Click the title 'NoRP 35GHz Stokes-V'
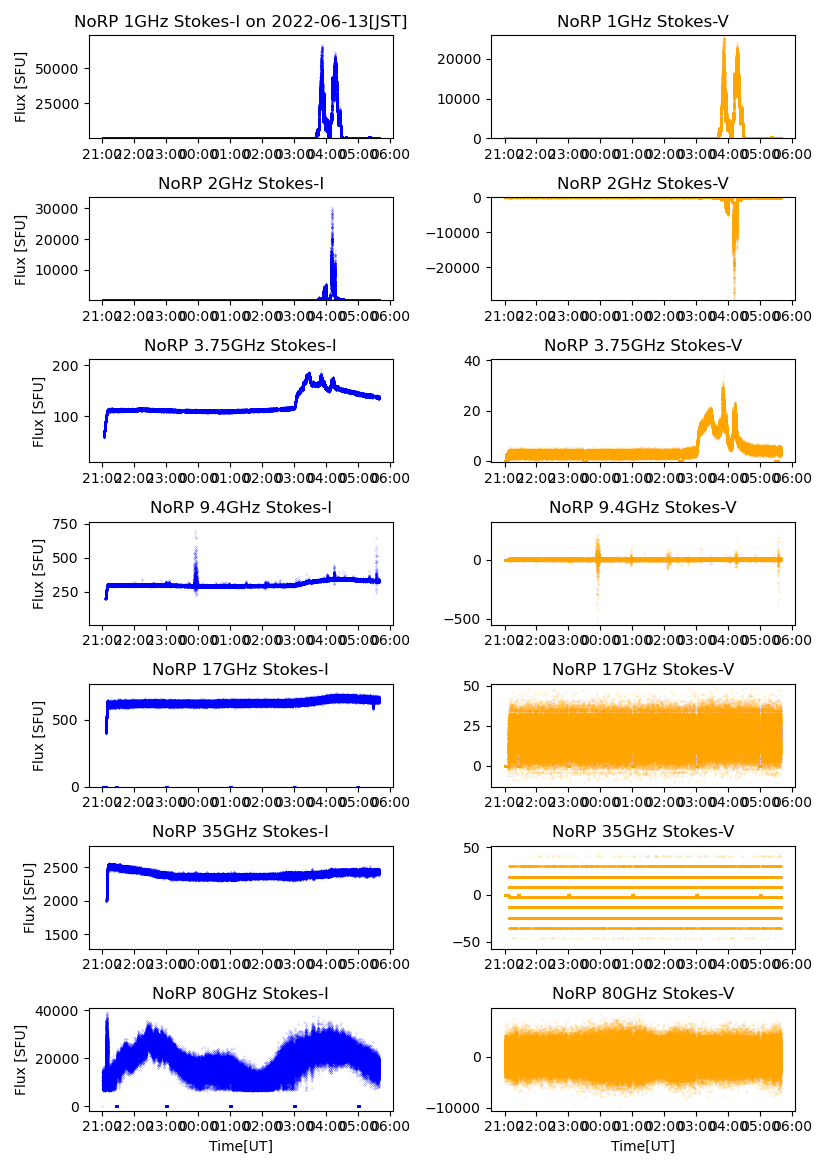(x=643, y=832)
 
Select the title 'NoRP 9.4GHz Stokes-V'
(x=643, y=508)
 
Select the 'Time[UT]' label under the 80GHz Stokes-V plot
(x=643, y=1146)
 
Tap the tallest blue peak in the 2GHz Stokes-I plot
(x=332, y=209)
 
